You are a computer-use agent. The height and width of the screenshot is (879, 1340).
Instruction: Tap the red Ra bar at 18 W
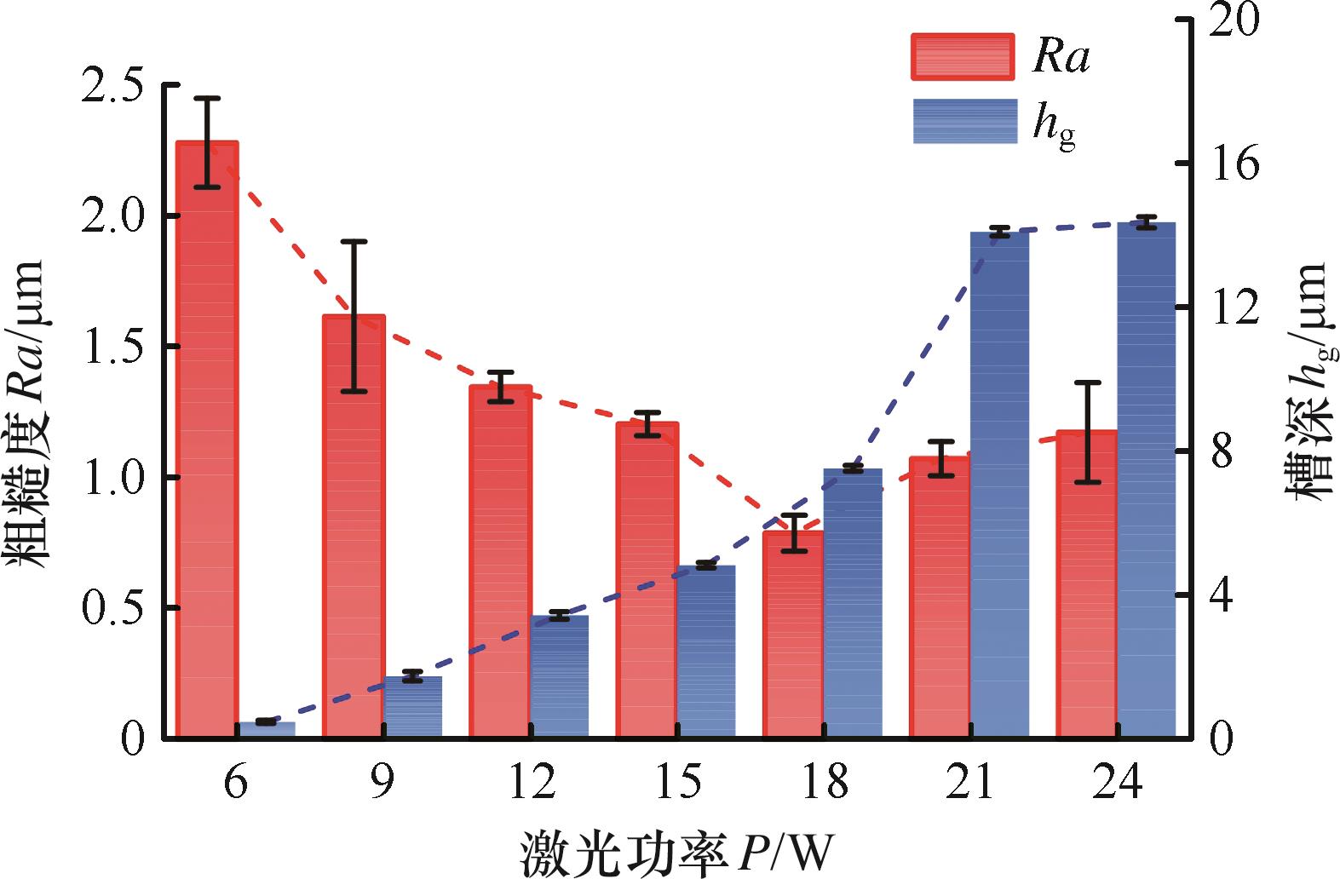coord(793,634)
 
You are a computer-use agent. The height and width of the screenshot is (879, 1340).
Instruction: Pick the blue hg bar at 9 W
coord(413,706)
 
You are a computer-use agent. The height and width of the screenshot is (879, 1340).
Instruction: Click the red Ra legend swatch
coord(963,57)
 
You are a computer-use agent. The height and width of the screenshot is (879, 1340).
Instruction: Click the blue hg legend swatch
coord(965,121)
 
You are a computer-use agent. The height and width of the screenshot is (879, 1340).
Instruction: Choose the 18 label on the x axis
coord(825,782)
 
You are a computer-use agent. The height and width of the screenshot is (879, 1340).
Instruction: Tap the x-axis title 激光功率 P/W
coord(676,853)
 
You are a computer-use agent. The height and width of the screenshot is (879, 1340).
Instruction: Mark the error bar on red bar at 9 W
coord(354,316)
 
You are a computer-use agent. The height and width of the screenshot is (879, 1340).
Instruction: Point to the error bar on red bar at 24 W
coord(1088,432)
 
